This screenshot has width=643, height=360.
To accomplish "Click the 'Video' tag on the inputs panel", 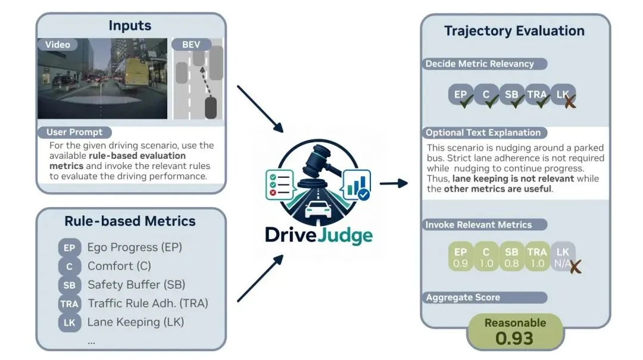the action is pyautogui.click(x=57, y=45).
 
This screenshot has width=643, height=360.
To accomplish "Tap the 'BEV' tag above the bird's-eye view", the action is pyautogui.click(x=191, y=44).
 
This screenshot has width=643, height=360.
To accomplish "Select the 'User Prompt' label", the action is pyautogui.click(x=74, y=132).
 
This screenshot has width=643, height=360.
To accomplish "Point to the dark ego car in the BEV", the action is pyautogui.click(x=210, y=108).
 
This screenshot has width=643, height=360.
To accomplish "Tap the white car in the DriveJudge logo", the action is pyautogui.click(x=318, y=209).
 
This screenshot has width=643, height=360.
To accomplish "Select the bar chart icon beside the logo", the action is pyautogui.click(x=357, y=184).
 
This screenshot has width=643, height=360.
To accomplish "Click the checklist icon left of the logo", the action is pyautogui.click(x=280, y=184).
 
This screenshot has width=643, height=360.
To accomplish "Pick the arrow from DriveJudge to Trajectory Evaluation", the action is pyautogui.click(x=394, y=183).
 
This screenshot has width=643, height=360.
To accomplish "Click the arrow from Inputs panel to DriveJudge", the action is pyautogui.click(x=260, y=109).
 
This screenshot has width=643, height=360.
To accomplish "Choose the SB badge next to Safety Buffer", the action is pyautogui.click(x=69, y=285).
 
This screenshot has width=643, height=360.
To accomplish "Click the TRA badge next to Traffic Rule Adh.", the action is pyautogui.click(x=69, y=304).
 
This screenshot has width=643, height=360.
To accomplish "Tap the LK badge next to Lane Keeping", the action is pyautogui.click(x=69, y=323).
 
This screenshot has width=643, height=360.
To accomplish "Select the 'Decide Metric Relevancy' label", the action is pyautogui.click(x=484, y=64).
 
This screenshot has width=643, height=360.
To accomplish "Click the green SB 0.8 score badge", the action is pyautogui.click(x=511, y=257).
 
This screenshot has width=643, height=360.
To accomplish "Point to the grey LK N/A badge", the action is pyautogui.click(x=563, y=257).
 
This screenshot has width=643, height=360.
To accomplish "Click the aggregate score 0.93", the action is pyautogui.click(x=514, y=338).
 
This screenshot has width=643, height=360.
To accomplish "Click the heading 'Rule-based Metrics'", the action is pyautogui.click(x=130, y=221).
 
